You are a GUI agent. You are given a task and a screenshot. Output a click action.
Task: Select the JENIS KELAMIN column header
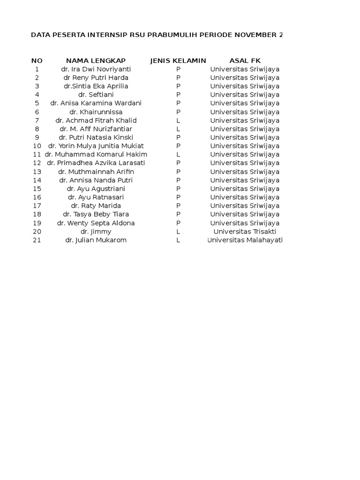tap(178, 60)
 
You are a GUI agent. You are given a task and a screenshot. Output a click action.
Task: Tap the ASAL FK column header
tap(245, 60)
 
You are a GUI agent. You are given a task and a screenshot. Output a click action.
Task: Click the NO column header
tap(37, 60)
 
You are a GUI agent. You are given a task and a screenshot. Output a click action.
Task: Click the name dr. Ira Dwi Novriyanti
tap(96, 69)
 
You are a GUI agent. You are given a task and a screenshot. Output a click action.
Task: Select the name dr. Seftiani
tap(96, 95)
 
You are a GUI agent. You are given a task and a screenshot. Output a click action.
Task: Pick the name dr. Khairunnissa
tap(96, 112)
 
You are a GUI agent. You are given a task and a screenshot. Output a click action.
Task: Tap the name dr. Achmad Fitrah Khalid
tap(96, 120)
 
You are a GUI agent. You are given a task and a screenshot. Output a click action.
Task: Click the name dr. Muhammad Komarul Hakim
tap(96, 155)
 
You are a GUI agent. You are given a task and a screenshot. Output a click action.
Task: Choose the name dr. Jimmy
tap(96, 232)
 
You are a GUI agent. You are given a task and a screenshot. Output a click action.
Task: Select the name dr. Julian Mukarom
tap(96, 240)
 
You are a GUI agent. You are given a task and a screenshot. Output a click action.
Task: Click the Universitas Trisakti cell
tap(245, 232)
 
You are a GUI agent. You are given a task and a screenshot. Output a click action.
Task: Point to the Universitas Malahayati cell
tap(245, 240)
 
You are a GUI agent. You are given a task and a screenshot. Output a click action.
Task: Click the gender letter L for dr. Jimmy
tap(178, 232)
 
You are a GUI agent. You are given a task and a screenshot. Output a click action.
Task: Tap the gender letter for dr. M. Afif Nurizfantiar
tap(178, 129)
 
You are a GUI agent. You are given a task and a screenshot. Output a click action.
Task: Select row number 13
tap(37, 172)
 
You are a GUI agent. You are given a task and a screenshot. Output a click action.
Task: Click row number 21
tap(37, 240)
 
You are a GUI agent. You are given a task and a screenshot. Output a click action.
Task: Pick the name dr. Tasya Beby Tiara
tap(96, 214)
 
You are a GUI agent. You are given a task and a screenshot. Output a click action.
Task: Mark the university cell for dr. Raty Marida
tap(245, 206)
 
